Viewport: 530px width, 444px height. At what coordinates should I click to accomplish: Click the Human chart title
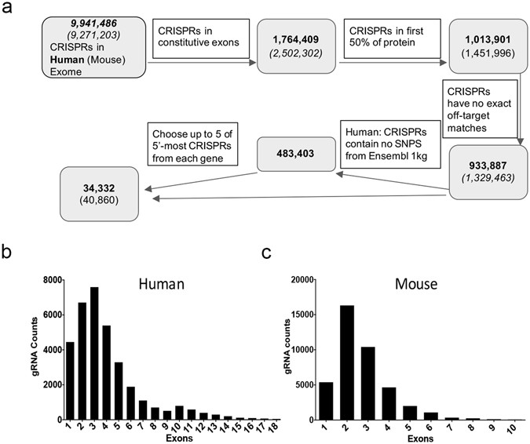point(160,286)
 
